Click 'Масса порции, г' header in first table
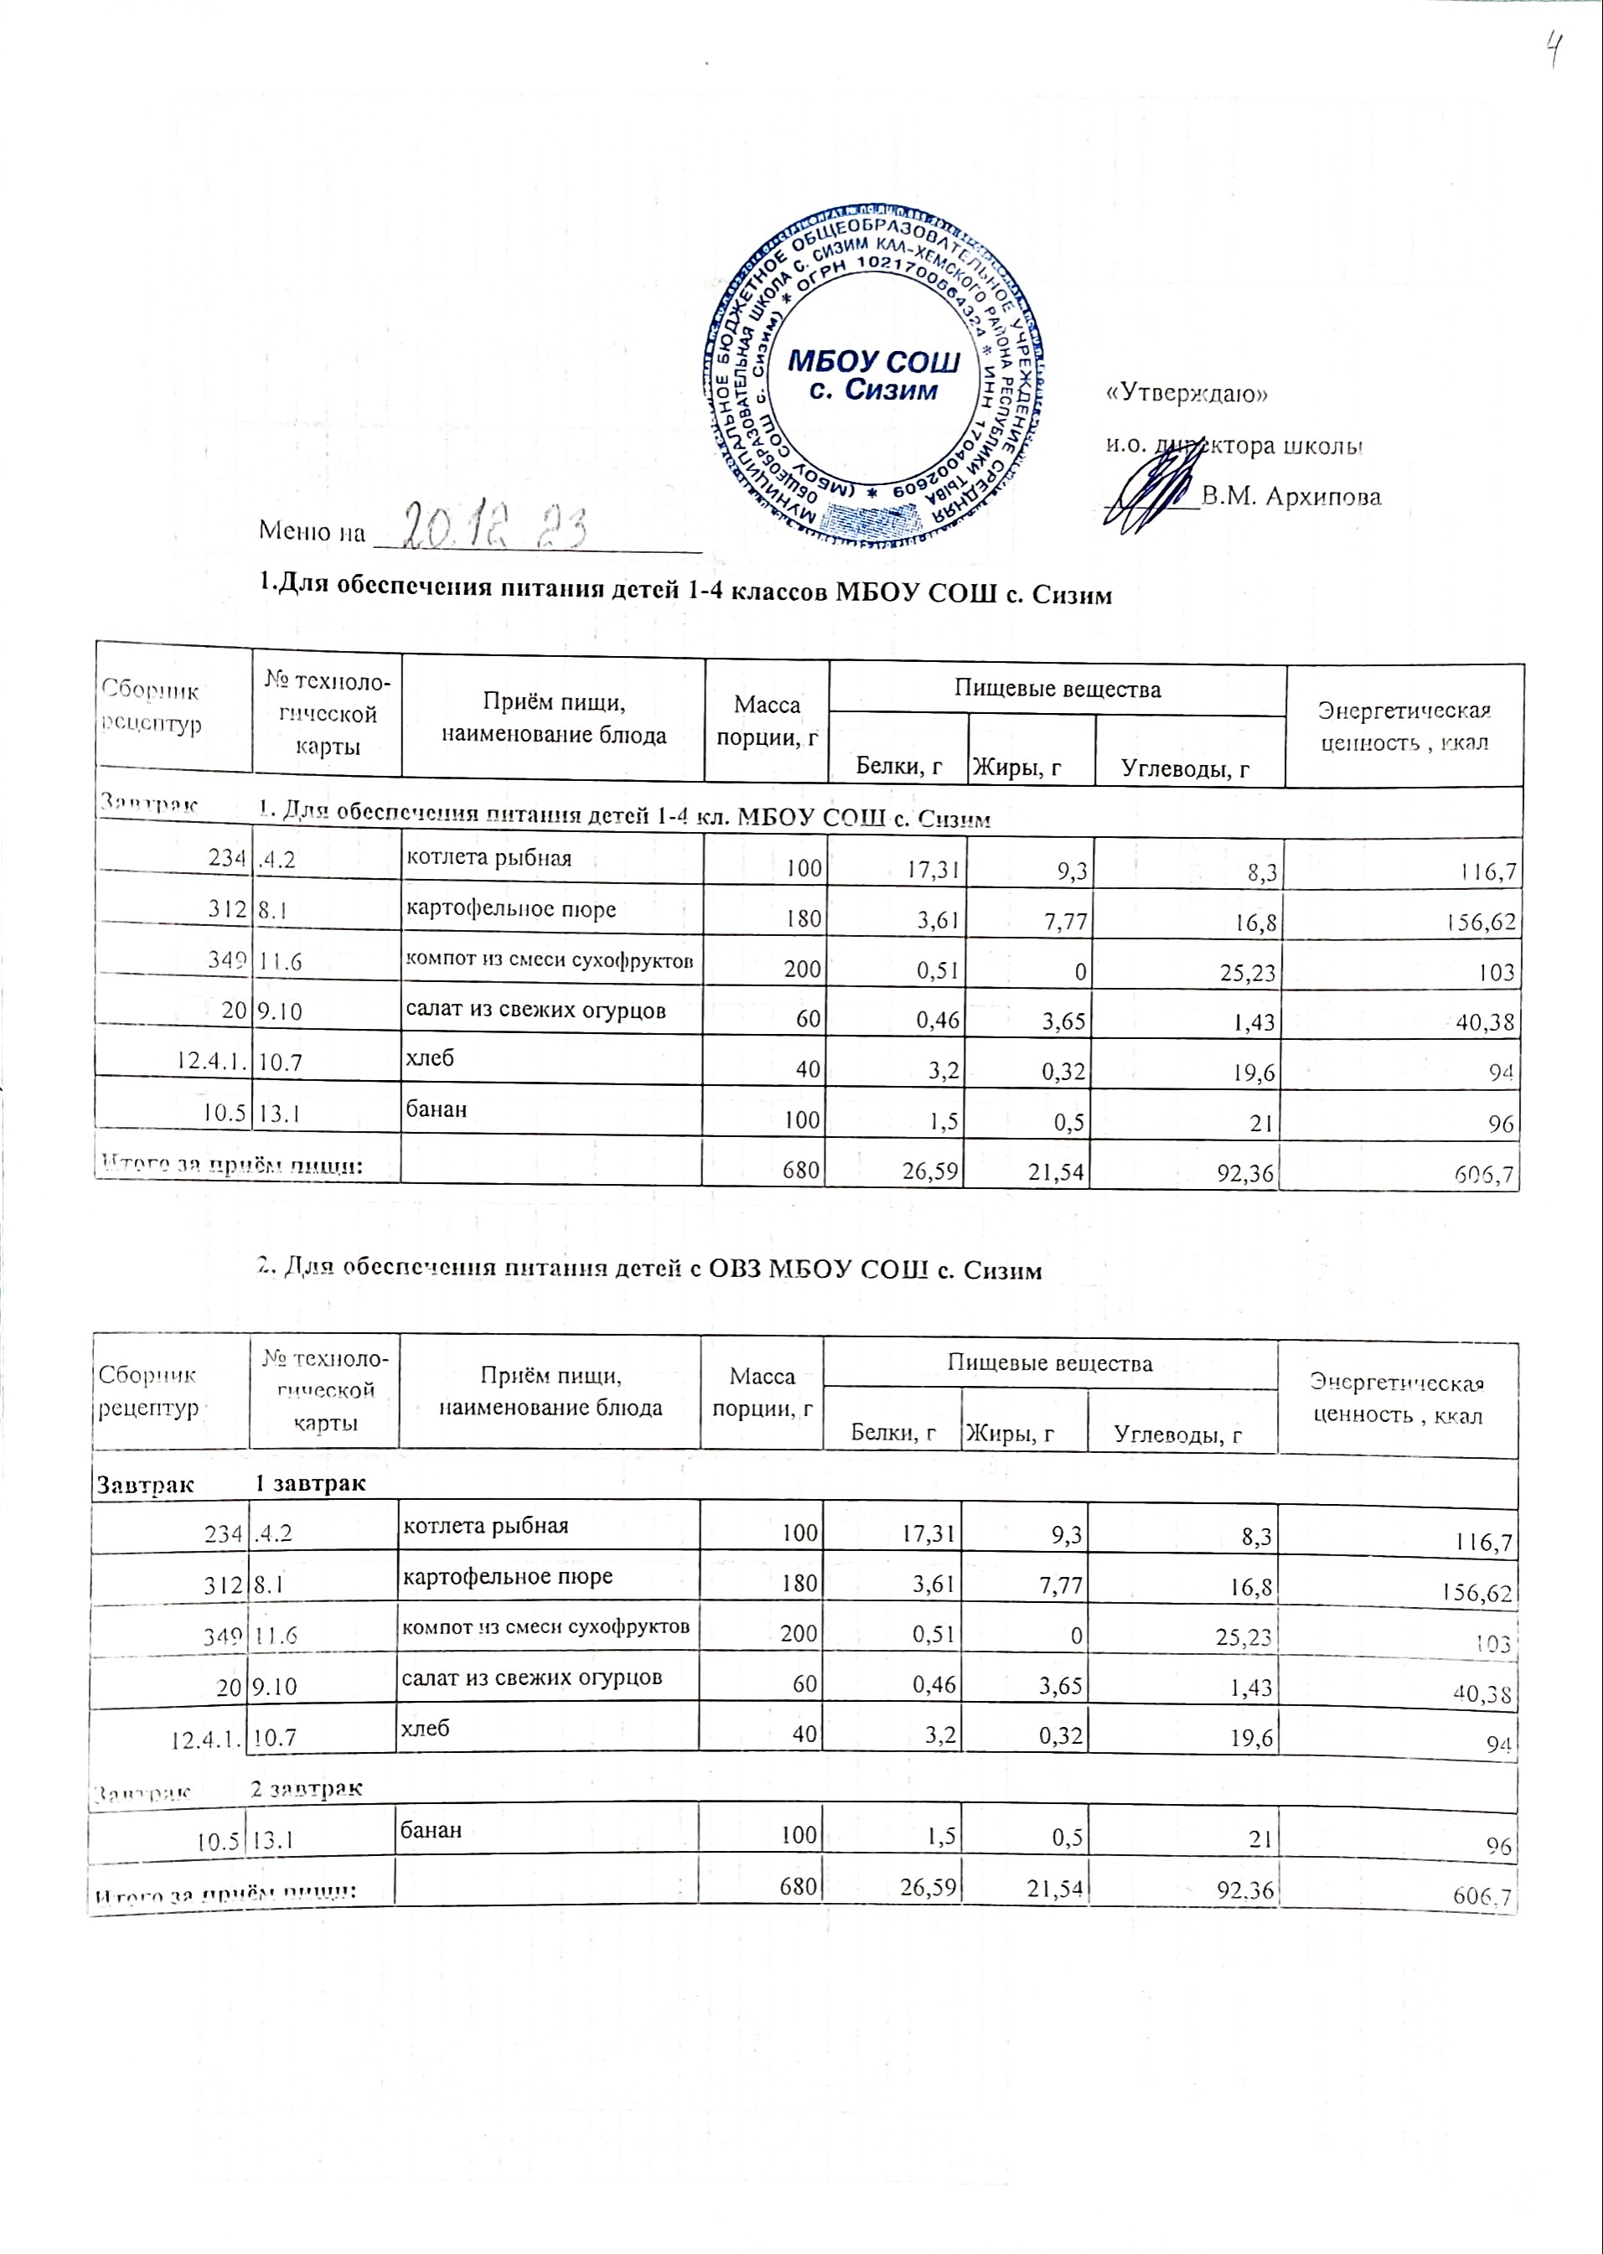click(767, 721)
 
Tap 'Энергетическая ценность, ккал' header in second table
click(1397, 1399)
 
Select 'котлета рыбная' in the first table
click(489, 857)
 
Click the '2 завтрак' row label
click(306, 1787)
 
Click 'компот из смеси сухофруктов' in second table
click(545, 1626)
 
